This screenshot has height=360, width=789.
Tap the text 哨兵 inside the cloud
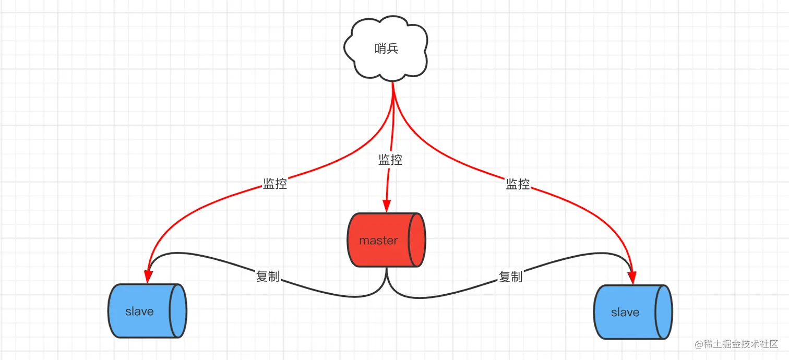pos(387,50)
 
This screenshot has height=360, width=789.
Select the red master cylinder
pos(386,240)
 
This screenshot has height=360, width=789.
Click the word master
pos(378,241)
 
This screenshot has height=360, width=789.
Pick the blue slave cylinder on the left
pos(147,311)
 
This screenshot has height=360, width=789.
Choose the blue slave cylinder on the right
pos(632,312)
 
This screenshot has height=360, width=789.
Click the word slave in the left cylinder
pos(139,311)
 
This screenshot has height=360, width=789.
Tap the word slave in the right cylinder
pos(625,313)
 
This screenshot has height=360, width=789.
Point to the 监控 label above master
pos(390,160)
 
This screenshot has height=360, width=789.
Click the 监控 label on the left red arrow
pos(275,184)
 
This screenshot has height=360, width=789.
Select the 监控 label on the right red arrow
pos(518,184)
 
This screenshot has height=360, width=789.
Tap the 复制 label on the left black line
pos(268,277)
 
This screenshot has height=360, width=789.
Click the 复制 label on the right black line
pos(510,277)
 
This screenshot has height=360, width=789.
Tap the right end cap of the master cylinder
pos(416,240)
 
